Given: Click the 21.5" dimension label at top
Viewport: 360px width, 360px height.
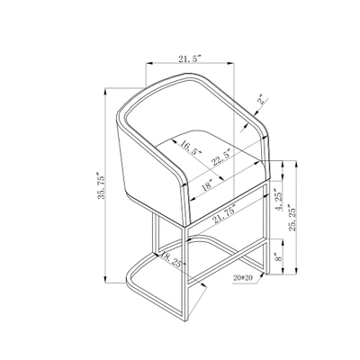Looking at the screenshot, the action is pyautogui.click(x=190, y=58).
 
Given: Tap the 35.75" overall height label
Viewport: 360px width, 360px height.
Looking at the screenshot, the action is pyautogui.click(x=101, y=185).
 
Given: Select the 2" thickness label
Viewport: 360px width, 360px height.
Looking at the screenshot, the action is pyautogui.click(x=263, y=100).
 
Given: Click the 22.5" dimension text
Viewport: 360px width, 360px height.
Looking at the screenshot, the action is pyautogui.click(x=221, y=157).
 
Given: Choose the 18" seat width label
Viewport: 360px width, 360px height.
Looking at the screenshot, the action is pyautogui.click(x=207, y=185).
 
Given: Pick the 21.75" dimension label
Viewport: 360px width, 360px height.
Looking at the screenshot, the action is pyautogui.click(x=224, y=214).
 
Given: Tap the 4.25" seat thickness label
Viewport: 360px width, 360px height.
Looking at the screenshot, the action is pyautogui.click(x=279, y=200).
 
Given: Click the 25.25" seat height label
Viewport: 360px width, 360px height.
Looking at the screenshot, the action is pyautogui.click(x=292, y=218).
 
